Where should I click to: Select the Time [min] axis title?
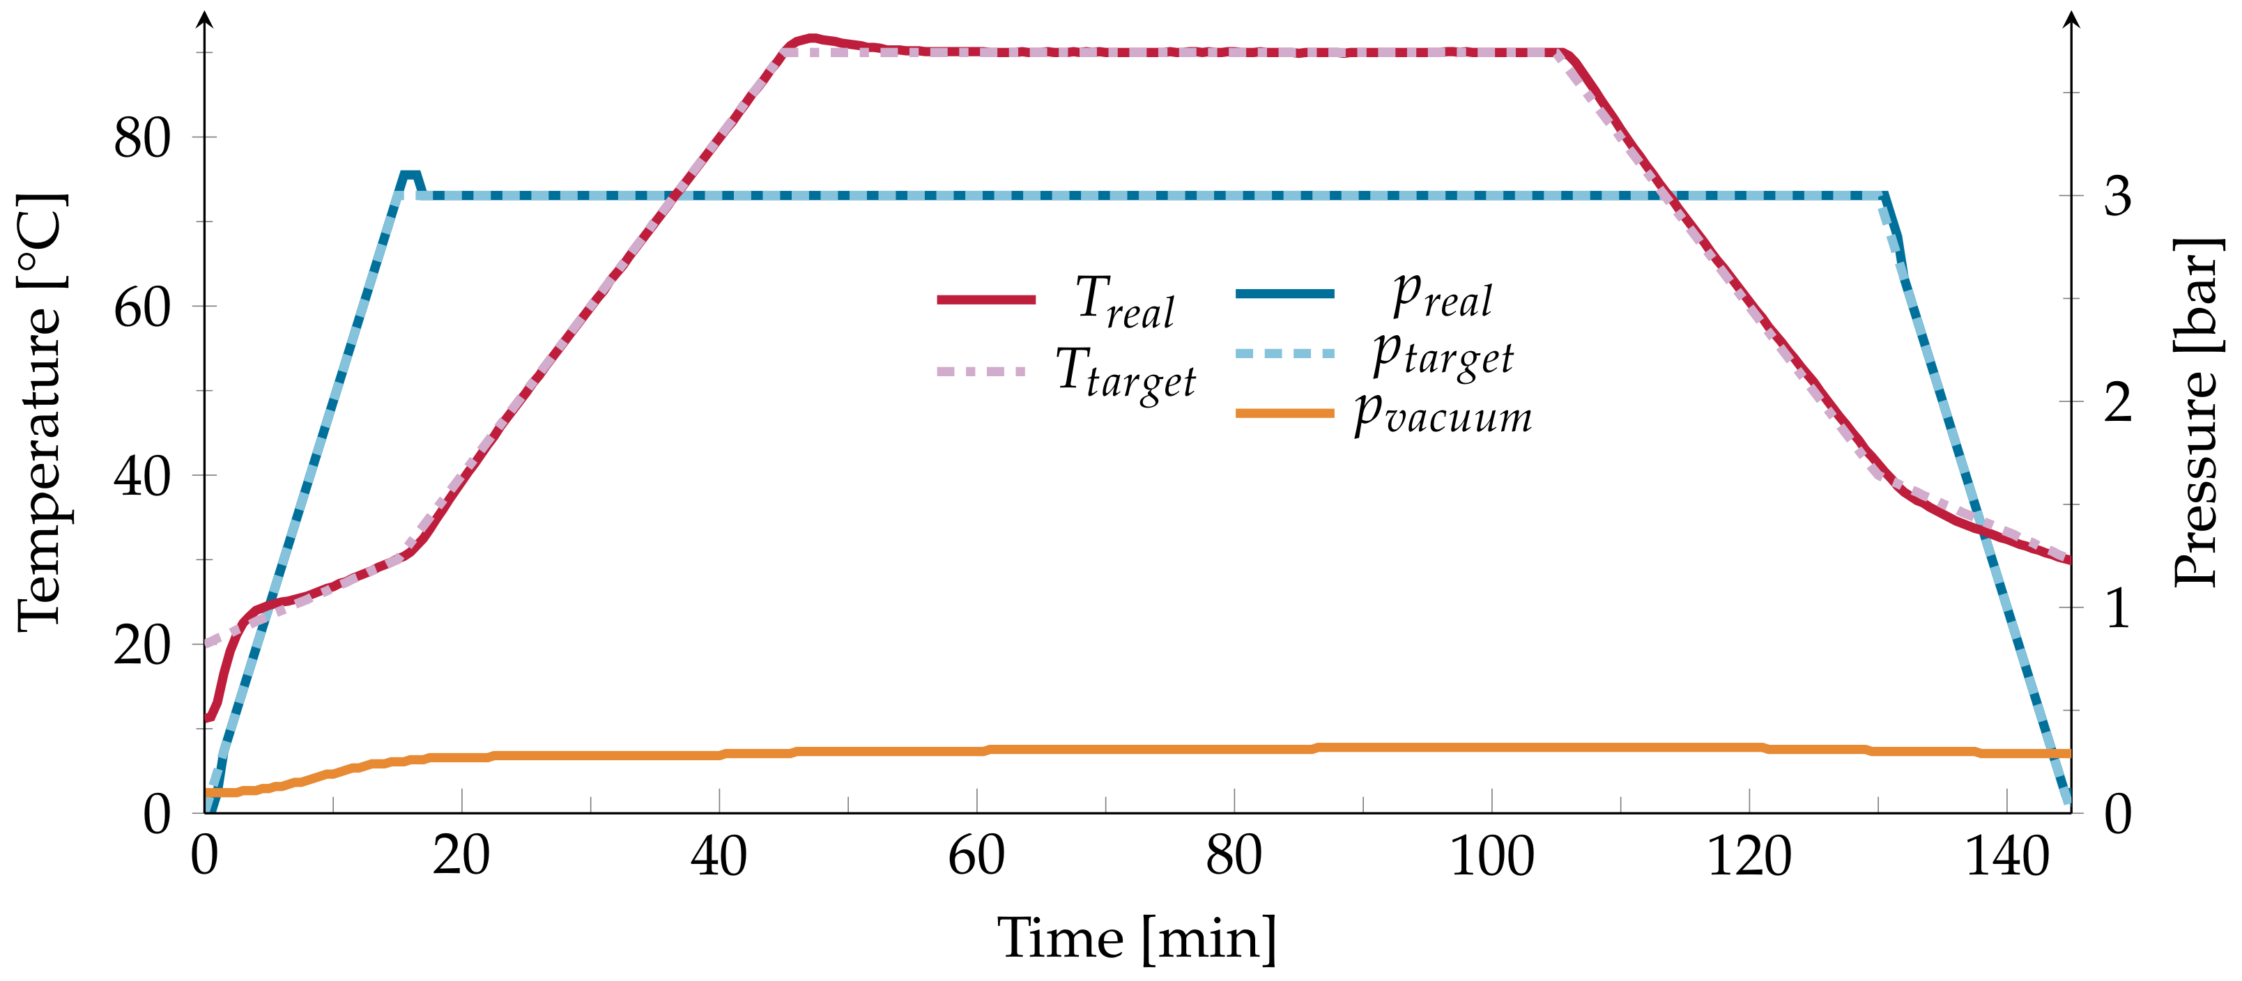[x=1137, y=938]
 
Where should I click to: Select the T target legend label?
[x=1126, y=375]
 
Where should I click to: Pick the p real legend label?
[x=1442, y=297]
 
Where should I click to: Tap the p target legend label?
[x=1442, y=356]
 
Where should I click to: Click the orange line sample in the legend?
[x=1284, y=412]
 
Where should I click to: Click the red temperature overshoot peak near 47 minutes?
[x=811, y=38]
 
